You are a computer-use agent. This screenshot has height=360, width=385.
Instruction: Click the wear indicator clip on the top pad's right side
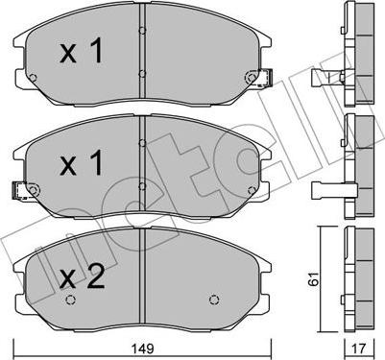[258, 77]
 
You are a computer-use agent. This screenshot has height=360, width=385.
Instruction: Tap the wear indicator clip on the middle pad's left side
[21, 188]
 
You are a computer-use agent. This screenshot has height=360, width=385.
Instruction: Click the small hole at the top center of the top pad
[141, 31]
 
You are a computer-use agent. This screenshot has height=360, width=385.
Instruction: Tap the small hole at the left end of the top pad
[34, 78]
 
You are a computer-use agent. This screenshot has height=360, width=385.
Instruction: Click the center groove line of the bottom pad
[142, 278]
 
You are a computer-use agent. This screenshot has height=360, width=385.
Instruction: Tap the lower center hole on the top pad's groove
[141, 75]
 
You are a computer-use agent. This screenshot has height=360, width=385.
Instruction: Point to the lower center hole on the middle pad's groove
[141, 185]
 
